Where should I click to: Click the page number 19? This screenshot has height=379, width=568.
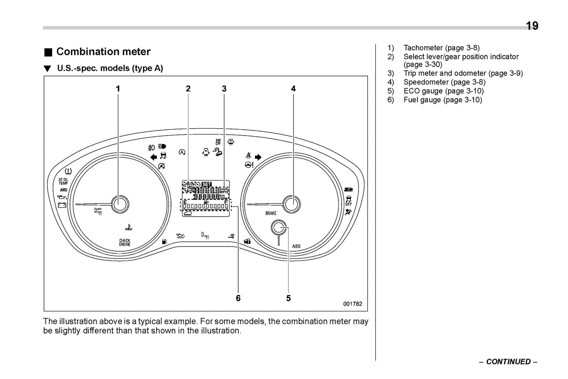pos(532,26)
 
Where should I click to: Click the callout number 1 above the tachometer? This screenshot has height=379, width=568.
pos(118,89)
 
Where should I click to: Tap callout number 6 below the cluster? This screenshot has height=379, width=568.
pos(238,298)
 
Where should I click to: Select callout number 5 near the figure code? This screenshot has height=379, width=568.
pos(289,298)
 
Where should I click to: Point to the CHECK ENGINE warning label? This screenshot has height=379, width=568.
pos(125,243)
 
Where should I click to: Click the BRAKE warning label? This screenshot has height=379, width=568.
pos(271,213)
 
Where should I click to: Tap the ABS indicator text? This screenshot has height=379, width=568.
pos(296,247)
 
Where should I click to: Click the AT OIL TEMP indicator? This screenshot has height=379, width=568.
pos(63,181)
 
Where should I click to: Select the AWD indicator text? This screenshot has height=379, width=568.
pos(63,190)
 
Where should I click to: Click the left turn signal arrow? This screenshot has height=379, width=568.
pos(154,157)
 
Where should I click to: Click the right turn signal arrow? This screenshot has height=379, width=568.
pos(258,157)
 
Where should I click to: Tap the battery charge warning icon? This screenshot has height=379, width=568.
pos(62,205)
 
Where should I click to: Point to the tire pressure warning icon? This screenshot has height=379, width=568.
pos(68,171)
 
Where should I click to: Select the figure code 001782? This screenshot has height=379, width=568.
pos(353,304)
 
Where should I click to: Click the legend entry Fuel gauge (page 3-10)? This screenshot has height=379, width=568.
pos(442,100)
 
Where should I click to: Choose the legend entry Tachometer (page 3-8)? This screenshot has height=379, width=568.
pos(441,48)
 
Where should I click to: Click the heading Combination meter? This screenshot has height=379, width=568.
pos(103,52)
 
